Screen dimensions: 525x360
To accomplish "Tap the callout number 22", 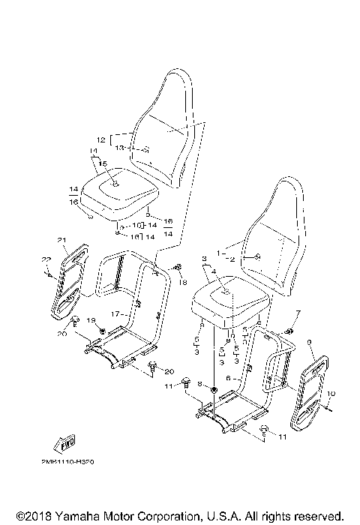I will (x=45, y=259).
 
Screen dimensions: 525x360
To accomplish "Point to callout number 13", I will (x=119, y=148).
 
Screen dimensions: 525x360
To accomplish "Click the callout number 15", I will (x=103, y=163).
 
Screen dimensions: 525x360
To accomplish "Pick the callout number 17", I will (x=115, y=313).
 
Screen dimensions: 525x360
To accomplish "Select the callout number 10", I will (x=332, y=393).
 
